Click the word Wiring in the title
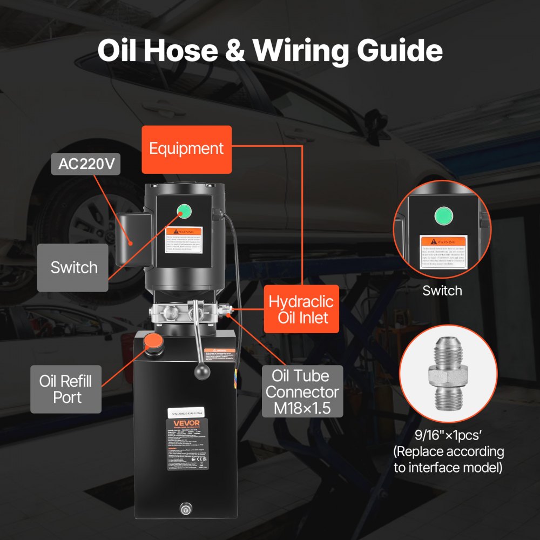tap(307, 50)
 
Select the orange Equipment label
tap(186, 149)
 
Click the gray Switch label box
tap(73, 267)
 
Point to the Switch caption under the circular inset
tap(442, 291)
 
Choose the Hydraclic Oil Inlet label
tap(301, 309)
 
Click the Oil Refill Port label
tap(65, 389)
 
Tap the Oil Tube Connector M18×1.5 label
tap(302, 391)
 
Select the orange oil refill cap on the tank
tap(152, 342)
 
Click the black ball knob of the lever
tap(202, 373)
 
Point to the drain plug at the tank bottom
tap(185, 508)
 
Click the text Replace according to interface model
tap(448, 459)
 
